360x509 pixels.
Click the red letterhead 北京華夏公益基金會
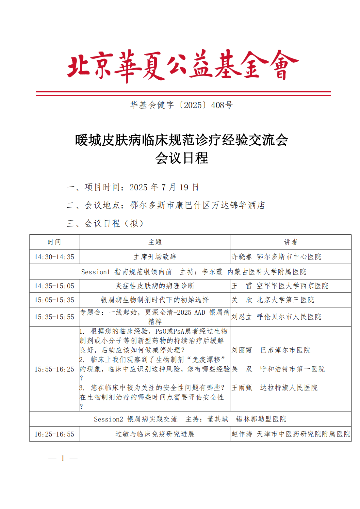pyautogui.click(x=183, y=66)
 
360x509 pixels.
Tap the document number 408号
pyautogui.click(x=222, y=105)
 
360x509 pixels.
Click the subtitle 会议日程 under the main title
pyautogui.click(x=181, y=158)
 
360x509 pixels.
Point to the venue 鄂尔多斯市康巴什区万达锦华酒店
pyautogui.click(x=197, y=205)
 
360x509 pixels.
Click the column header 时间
pyautogui.click(x=54, y=242)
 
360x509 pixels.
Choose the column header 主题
pyautogui.click(x=155, y=242)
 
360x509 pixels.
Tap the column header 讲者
pyautogui.click(x=291, y=242)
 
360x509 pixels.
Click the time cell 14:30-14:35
pyautogui.click(x=54, y=257)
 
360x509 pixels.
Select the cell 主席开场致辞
pyautogui.click(x=155, y=257)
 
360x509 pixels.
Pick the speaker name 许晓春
pyautogui.click(x=242, y=257)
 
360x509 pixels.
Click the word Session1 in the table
pyautogui.click(x=95, y=272)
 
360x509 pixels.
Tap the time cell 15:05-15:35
pyautogui.click(x=54, y=300)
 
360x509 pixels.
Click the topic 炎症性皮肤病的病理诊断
pyautogui.click(x=155, y=286)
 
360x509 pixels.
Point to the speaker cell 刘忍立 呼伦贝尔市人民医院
pyautogui.click(x=276, y=317)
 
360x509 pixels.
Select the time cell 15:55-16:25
pyautogui.click(x=54, y=369)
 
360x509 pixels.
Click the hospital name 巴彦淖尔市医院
pyautogui.click(x=285, y=350)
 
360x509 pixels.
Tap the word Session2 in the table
pyautogui.click(x=108, y=419)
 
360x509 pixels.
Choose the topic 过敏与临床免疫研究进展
pyautogui.click(x=155, y=434)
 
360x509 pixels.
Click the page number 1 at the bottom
pyautogui.click(x=63, y=458)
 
